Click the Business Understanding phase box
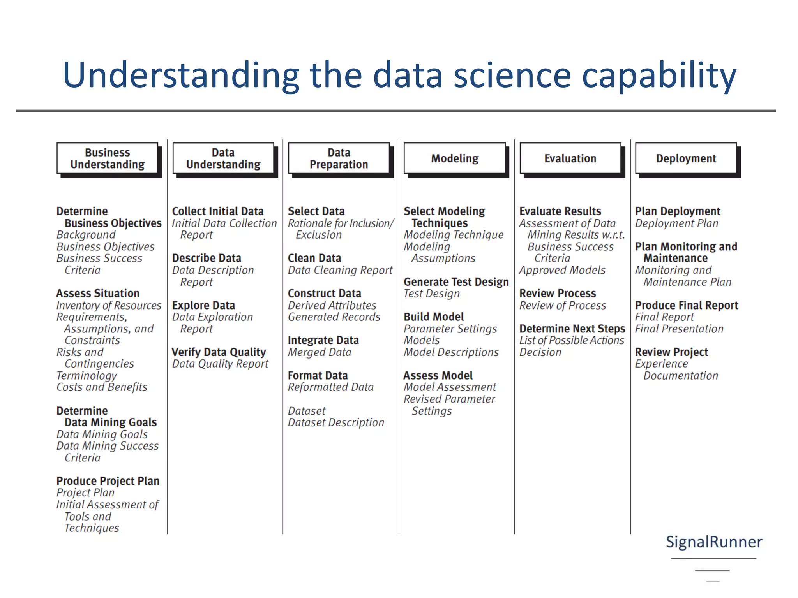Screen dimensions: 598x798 108,158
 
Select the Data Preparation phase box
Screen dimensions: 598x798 339,158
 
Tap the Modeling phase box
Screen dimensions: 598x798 455,158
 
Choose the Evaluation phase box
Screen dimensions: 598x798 570,158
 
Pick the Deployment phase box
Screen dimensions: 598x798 686,158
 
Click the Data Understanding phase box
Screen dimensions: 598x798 223,158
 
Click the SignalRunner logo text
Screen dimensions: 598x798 714,542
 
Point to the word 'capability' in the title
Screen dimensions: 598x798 659,75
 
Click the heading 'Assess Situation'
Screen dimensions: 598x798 98,293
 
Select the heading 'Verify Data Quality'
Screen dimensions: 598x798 219,352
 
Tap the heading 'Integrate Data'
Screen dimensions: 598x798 323,340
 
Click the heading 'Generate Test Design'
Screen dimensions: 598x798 456,281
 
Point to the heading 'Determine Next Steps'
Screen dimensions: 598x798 572,329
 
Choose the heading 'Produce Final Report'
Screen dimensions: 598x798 687,305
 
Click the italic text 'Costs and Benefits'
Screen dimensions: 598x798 102,387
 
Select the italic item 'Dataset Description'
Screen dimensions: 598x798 336,422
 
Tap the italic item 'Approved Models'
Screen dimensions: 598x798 562,270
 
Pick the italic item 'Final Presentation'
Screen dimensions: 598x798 679,329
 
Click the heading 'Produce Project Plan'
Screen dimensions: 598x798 108,481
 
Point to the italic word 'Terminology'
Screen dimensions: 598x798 87,375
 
